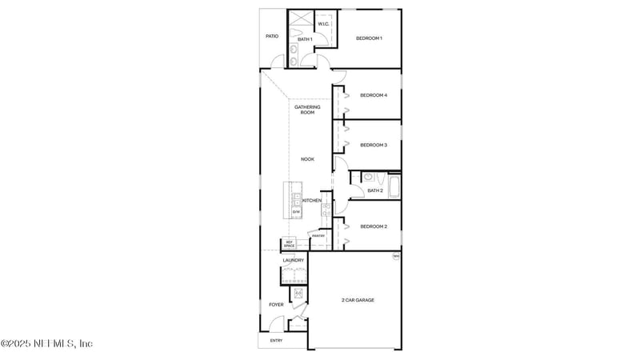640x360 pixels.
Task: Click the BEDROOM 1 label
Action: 369,38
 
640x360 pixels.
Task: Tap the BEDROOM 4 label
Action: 374,95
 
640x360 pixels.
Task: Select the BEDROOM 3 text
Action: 374,145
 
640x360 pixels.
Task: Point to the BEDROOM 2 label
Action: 374,226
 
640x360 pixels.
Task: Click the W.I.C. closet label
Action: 323,24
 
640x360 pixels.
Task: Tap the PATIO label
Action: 272,37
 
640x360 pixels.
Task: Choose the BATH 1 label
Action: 304,38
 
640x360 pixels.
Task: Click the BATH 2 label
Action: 375,190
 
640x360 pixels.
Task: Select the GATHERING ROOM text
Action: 307,110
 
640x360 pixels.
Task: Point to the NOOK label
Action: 307,159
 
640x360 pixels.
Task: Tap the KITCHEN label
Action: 312,200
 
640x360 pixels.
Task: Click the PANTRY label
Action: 318,235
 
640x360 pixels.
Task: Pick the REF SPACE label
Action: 290,243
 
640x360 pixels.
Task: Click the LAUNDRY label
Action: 293,260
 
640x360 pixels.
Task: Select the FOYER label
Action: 276,304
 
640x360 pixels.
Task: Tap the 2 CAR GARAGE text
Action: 358,300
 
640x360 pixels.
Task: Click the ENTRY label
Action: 276,341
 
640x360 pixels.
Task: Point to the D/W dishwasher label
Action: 296,211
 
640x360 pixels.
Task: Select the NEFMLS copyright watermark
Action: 46,343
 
